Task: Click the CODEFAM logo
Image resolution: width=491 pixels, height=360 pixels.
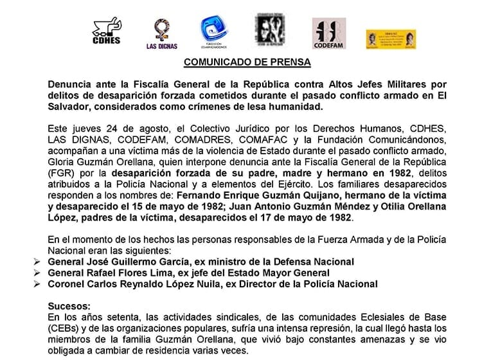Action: click(x=328, y=32)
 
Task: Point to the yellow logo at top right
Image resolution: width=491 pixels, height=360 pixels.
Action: click(x=388, y=39)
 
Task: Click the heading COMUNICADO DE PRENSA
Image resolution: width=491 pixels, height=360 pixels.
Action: click(x=247, y=62)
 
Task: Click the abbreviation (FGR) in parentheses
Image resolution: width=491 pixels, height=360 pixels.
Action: click(x=61, y=173)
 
